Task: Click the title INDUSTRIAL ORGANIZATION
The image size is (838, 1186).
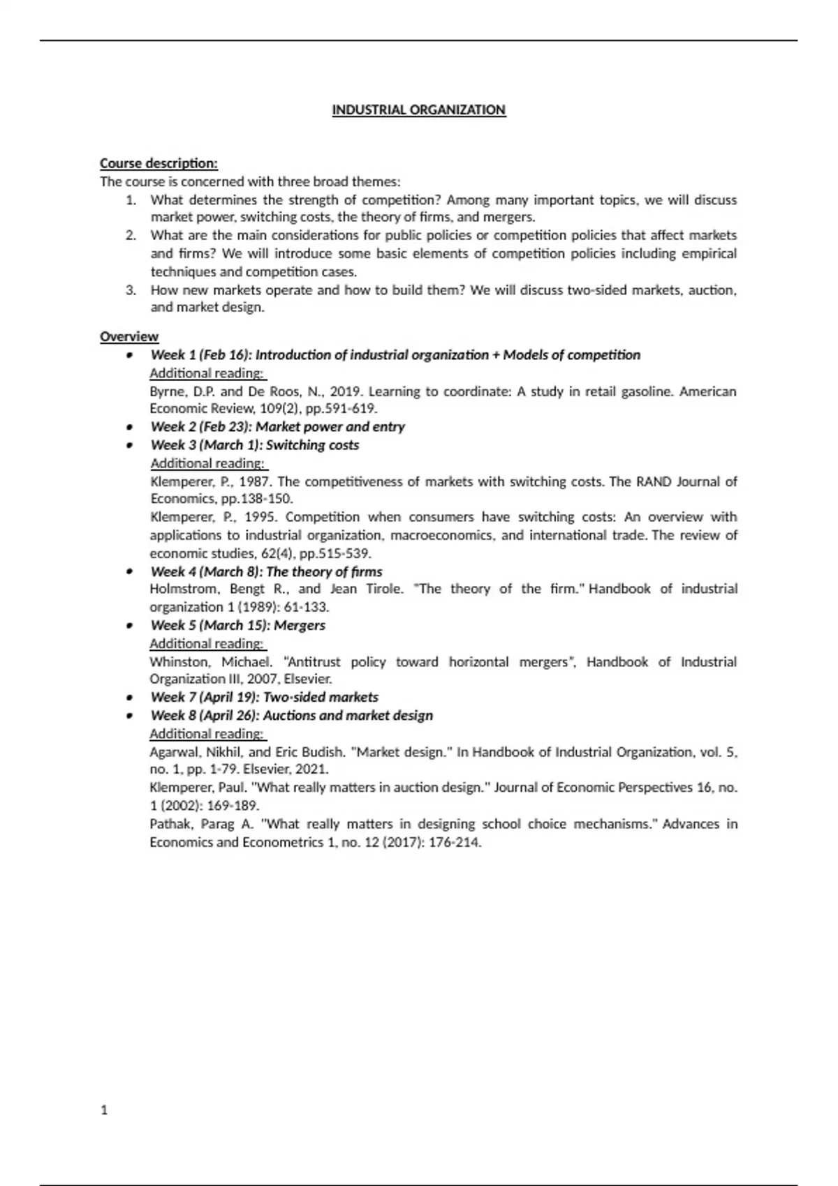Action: click(x=418, y=110)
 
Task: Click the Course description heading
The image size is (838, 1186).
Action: click(x=159, y=163)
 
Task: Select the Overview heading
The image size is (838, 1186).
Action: click(x=129, y=337)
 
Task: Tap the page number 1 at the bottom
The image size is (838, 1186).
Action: click(x=104, y=1110)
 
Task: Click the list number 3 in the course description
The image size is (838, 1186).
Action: click(x=131, y=290)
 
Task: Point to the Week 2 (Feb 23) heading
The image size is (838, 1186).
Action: click(x=277, y=427)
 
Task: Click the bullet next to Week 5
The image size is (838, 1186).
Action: click(x=129, y=626)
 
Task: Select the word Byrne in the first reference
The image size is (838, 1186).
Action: click(x=167, y=391)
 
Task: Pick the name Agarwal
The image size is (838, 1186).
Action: click(x=175, y=752)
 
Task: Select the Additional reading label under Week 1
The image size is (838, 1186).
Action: click(x=207, y=373)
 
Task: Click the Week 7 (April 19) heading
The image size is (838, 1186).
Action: click(x=264, y=698)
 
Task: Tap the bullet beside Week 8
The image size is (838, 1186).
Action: click(x=129, y=716)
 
